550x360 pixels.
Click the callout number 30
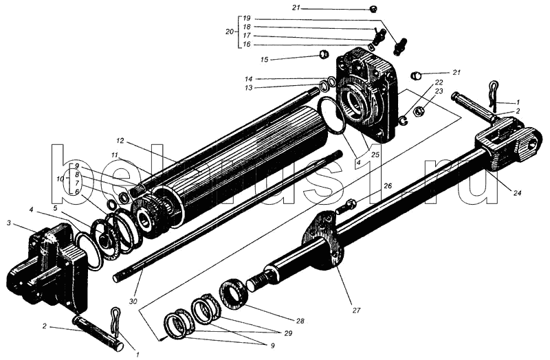pos(133,301)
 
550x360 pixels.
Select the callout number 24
pos(518,192)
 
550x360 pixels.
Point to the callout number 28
pos(300,320)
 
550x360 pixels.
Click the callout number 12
pos(120,141)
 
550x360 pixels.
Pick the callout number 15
pos(264,60)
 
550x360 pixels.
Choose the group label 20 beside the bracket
pos(230,32)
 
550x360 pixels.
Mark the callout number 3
pos(9,223)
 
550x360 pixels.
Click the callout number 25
pos(375,154)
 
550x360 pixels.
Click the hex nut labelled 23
pos(418,111)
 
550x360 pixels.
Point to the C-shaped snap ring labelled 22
pos(404,120)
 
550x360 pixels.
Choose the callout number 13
pos(248,88)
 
